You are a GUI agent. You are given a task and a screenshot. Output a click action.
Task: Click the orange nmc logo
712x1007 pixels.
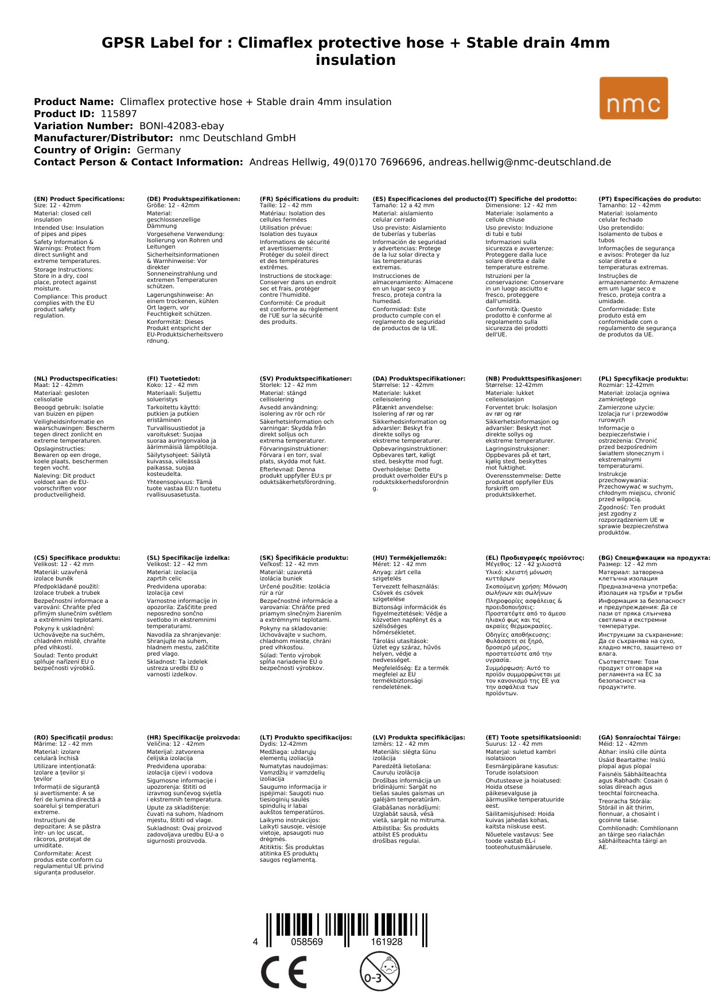tap(633, 98)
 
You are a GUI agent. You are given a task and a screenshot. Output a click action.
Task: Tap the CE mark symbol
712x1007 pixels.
tap(283, 972)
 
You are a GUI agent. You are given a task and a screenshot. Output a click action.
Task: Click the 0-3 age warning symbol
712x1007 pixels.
tap(379, 971)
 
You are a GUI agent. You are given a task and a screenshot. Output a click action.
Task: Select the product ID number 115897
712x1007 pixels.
tap(119, 114)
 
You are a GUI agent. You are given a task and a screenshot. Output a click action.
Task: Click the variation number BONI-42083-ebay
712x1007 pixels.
tap(181, 126)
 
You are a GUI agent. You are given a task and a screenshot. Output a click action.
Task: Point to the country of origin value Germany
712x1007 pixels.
tap(158, 150)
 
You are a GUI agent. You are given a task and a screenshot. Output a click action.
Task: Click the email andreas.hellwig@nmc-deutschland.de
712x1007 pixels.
tap(519, 162)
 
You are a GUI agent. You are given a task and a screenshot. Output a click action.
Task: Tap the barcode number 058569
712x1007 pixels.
tap(307, 942)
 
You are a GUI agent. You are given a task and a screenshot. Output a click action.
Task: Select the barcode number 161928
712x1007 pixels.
tap(386, 942)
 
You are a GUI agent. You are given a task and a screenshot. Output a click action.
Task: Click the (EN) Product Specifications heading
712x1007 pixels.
tap(79, 199)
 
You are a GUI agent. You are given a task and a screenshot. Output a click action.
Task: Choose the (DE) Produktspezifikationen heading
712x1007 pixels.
tap(193, 199)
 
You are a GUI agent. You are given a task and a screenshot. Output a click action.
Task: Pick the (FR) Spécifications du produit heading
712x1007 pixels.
tap(309, 199)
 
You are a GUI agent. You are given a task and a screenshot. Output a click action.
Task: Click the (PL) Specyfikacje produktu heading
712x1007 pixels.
tap(643, 379)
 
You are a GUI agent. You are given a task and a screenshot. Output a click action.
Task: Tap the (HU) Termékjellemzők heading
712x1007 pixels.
tap(409, 557)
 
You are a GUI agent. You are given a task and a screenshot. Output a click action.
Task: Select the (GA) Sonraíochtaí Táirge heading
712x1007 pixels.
tap(639, 737)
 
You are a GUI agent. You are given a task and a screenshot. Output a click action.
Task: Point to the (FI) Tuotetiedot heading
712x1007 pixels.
tap(173, 379)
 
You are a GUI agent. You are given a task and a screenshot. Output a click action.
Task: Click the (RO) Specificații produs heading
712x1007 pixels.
tap(73, 737)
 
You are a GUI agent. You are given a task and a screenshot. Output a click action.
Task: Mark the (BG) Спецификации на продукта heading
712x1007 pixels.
tap(654, 557)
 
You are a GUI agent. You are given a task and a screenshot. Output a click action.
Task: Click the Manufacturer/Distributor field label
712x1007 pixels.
tap(103, 138)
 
